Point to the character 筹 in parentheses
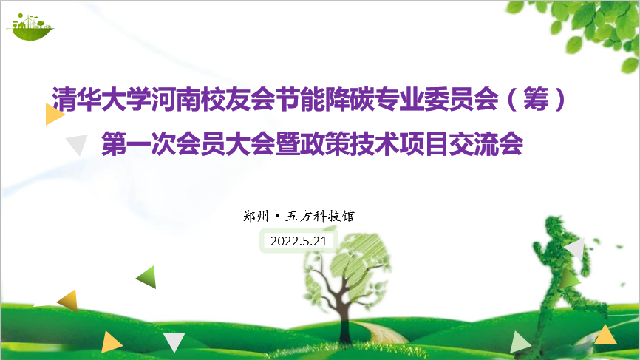536,99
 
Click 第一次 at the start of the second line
139,143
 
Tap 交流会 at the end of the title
486,143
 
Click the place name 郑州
256,216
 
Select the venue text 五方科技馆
320,216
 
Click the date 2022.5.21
299,241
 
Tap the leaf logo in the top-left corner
30,27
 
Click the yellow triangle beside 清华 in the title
54,115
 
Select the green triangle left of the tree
147,277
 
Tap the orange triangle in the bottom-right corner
606,335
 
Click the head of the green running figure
555,225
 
